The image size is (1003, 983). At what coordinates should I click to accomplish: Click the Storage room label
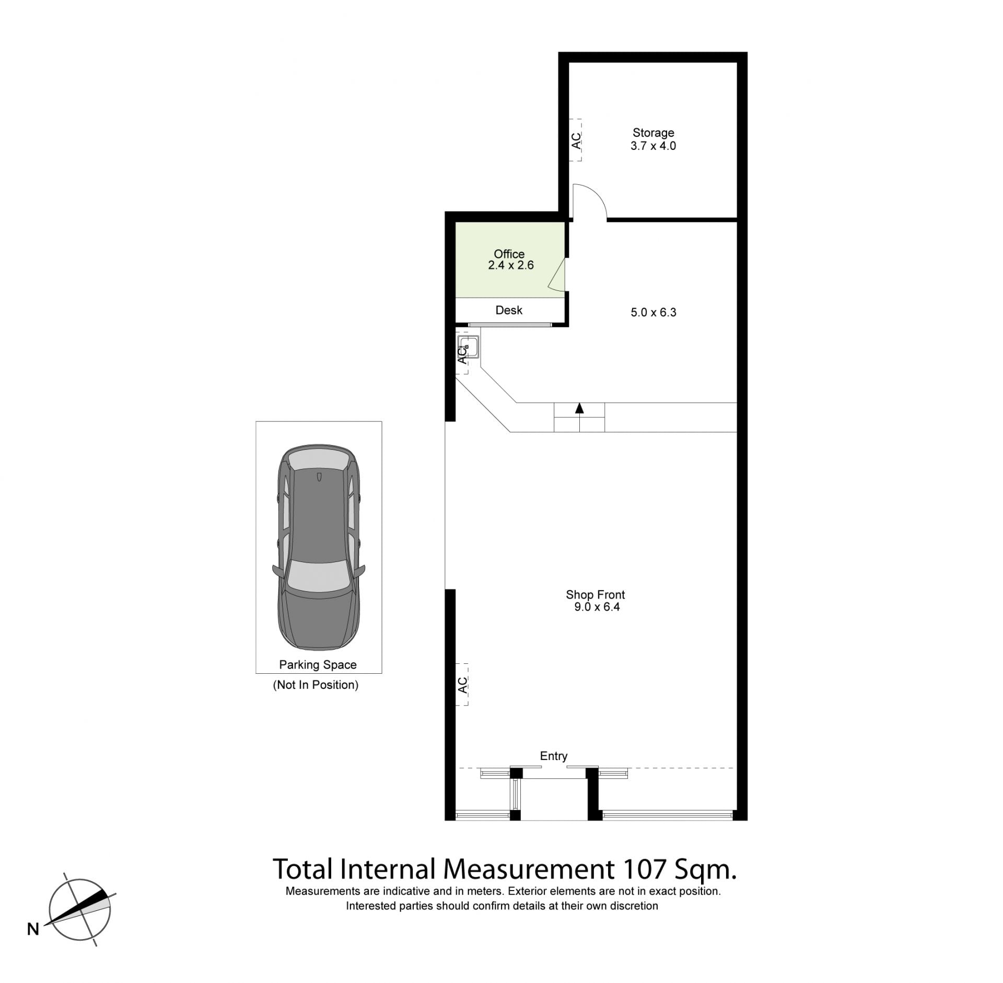[653, 133]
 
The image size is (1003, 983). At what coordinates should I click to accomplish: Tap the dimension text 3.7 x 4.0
[653, 146]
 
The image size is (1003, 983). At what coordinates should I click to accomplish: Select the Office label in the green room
[509, 254]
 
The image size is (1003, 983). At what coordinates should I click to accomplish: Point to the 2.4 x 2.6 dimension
[511, 265]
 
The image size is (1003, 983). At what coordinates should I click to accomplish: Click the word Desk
[509, 310]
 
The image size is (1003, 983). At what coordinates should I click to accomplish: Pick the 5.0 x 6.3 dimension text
[654, 312]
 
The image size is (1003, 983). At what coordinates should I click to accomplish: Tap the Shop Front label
[595, 594]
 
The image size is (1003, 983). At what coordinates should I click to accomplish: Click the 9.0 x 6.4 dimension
[597, 606]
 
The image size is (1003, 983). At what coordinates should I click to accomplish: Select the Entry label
[554, 756]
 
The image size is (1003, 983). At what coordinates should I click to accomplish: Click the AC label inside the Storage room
[576, 141]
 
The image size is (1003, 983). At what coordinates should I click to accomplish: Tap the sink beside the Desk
[468, 346]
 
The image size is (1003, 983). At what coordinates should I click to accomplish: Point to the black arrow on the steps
[579, 408]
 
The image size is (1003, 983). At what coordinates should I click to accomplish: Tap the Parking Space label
[318, 664]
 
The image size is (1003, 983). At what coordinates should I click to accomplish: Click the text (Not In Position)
[316, 685]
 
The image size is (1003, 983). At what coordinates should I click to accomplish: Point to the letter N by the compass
[33, 929]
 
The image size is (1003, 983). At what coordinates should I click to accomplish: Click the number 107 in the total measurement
[644, 869]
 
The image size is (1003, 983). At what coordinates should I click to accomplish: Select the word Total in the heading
[302, 869]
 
